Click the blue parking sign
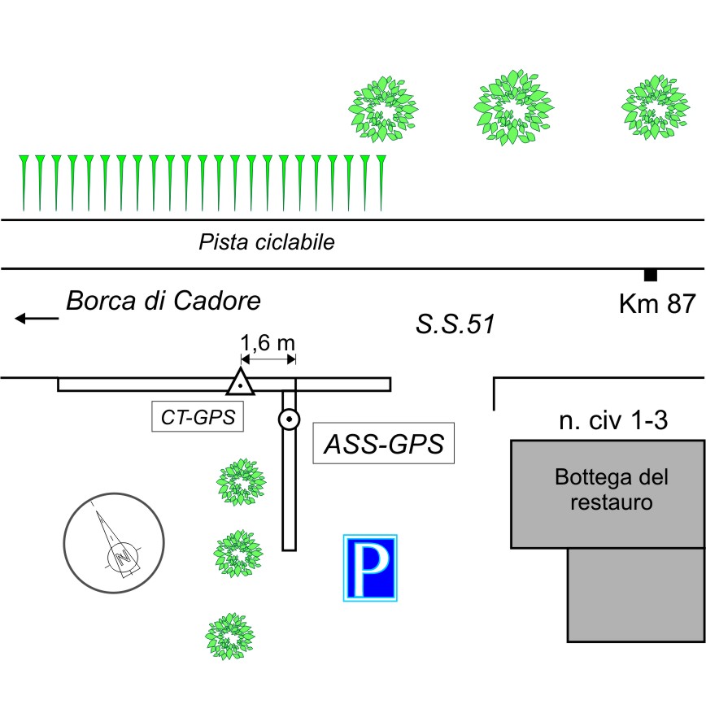coord(370,568)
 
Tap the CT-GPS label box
coord(198,418)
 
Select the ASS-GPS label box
coord(383,444)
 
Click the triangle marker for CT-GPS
coord(240,381)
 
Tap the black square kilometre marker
coord(650,275)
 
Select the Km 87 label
coord(656,304)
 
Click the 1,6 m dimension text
coord(268,342)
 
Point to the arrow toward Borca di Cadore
coord(37,319)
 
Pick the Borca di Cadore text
coord(163,302)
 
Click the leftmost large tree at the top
coord(381,109)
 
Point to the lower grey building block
coord(635,595)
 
